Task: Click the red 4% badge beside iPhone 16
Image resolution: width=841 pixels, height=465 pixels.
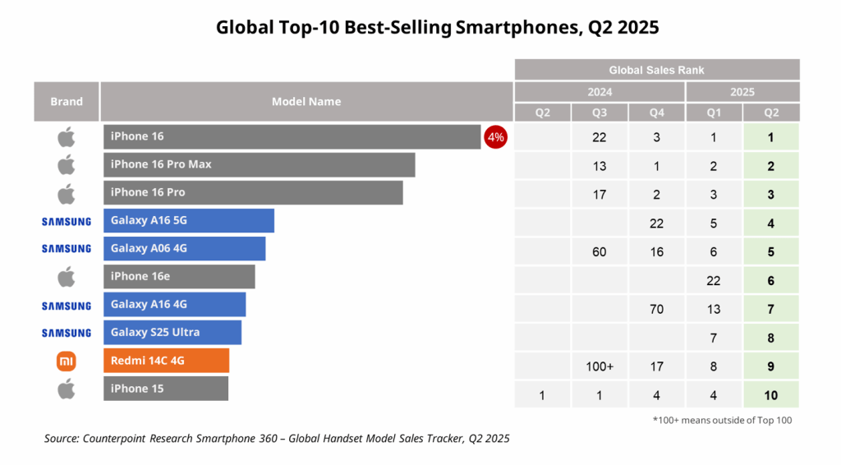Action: point(496,137)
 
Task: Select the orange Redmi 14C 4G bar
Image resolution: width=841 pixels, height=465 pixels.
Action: point(166,360)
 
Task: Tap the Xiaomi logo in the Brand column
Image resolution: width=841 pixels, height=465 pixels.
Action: point(67,361)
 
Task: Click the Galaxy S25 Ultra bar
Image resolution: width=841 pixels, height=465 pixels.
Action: point(172,332)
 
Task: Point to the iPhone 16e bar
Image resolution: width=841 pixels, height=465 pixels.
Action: point(179,276)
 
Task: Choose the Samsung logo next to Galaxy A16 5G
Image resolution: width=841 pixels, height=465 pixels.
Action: point(67,221)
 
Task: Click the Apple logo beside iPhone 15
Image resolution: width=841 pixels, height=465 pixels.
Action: point(67,389)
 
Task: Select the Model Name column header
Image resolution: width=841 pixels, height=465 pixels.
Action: point(306,101)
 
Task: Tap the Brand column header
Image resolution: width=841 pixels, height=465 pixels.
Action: point(67,101)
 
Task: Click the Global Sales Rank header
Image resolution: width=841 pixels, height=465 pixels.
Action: point(657,70)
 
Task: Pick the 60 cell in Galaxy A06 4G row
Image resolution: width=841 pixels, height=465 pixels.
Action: point(600,252)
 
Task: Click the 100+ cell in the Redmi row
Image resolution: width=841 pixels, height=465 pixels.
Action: point(600,366)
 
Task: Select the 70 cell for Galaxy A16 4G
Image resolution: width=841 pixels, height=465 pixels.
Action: point(656,309)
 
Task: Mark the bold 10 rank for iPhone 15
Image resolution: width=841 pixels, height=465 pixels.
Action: point(770,395)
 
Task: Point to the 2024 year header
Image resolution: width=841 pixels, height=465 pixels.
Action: point(600,92)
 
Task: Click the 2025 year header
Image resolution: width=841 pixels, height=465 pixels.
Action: point(742,92)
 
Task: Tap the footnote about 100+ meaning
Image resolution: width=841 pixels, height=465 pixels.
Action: point(724,421)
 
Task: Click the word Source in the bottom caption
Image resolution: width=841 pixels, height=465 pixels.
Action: point(62,439)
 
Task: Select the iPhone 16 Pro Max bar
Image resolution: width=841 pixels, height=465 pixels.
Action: point(259,164)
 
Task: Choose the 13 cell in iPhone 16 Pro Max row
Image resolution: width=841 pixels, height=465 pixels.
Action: point(600,166)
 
